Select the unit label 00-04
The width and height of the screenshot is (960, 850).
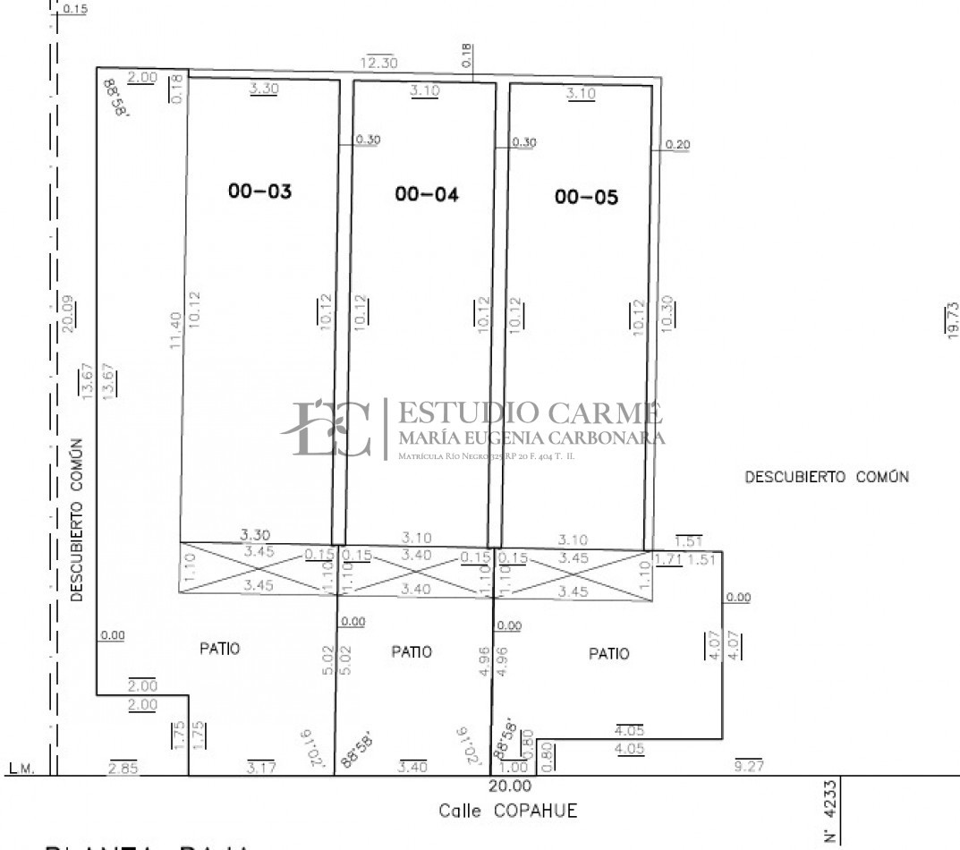coord(426,194)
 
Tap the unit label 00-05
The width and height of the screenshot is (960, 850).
coord(586,198)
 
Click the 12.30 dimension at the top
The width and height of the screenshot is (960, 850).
coord(379,63)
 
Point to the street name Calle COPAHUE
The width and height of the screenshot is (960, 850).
coord(507,812)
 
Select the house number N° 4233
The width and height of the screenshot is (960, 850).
coord(829,812)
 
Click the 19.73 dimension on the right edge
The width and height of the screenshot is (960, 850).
coord(952,319)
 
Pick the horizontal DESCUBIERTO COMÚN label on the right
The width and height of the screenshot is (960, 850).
coord(827,477)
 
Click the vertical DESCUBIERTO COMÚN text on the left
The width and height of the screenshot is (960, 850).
coord(77,519)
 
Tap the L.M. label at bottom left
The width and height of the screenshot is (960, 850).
coord(20,768)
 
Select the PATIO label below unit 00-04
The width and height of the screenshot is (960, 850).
coord(412,651)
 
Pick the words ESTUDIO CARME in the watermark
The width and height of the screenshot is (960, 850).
coord(530,413)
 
